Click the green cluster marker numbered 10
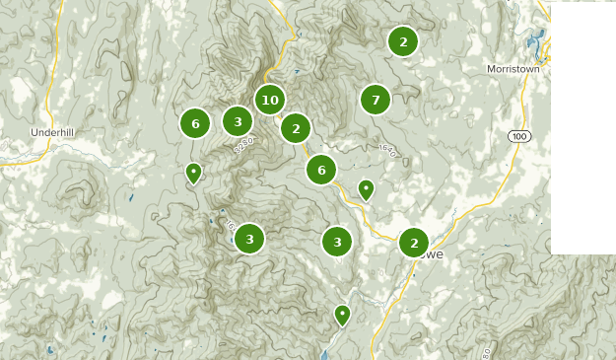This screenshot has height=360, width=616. (270, 100)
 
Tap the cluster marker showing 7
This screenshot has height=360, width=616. (376, 100)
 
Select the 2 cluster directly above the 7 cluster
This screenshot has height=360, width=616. (402, 41)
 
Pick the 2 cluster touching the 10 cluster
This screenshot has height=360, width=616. (296, 128)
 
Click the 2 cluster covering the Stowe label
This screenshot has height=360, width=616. (414, 243)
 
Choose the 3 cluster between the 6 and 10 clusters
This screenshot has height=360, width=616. (238, 121)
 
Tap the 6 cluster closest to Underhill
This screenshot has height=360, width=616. (195, 123)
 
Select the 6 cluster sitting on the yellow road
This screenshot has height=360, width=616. (321, 170)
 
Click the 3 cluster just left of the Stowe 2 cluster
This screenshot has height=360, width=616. (337, 242)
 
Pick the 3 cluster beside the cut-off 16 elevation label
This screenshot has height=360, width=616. (249, 239)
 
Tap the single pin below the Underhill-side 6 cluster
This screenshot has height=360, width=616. (194, 173)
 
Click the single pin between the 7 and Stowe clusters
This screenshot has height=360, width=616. (366, 188)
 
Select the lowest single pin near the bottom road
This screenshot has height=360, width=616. (342, 314)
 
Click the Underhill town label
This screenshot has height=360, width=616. (52, 132)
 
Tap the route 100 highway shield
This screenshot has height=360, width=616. (519, 135)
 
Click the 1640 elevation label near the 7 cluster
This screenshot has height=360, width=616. (386, 151)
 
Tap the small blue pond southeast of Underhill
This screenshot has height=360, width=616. (131, 197)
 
